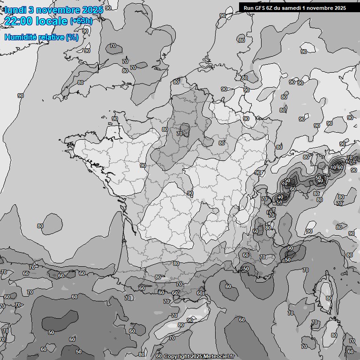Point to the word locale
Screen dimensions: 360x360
52,21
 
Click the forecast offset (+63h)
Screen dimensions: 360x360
81,21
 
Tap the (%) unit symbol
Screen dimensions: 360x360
72,37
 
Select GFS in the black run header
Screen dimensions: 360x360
260,7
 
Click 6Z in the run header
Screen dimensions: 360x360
270,7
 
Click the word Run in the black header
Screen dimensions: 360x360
249,7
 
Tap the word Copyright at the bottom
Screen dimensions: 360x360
177,356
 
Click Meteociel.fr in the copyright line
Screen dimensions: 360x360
218,356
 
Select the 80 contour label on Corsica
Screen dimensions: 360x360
329,298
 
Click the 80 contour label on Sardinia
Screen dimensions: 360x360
334,335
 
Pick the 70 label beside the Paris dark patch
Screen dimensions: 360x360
179,134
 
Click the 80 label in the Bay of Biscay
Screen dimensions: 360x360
40,226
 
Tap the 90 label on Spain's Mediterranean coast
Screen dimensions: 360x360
189,320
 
